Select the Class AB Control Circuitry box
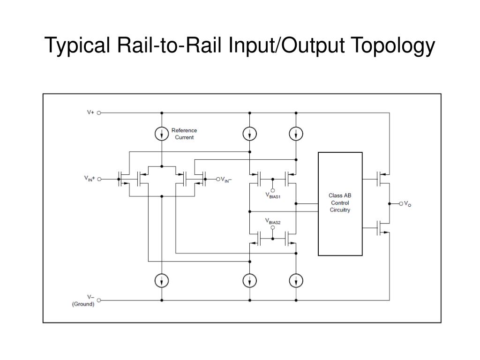click(340, 203)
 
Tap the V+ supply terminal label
click(90, 112)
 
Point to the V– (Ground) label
click(84, 300)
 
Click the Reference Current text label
click(184, 134)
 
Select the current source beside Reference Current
click(162, 134)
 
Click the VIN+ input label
click(90, 179)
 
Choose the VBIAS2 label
click(273, 221)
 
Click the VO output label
click(407, 204)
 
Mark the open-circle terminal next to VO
click(401, 203)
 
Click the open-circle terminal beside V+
click(99, 112)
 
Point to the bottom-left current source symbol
click(162, 280)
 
